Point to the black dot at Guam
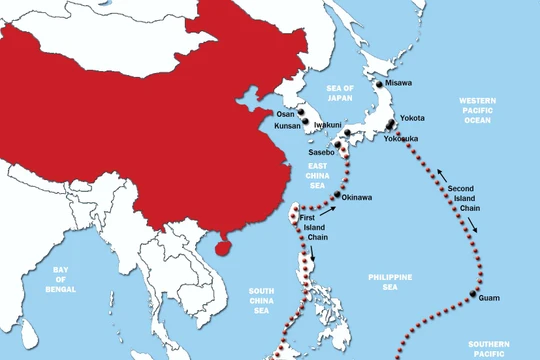470,294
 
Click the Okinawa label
357,197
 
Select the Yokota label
412,118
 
